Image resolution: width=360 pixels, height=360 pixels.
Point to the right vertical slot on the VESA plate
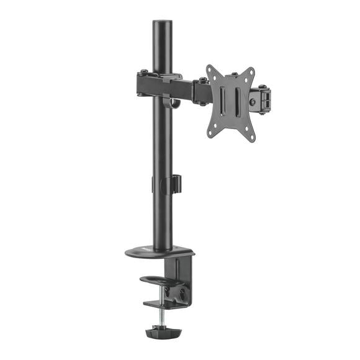pyautogui.click(x=238, y=101)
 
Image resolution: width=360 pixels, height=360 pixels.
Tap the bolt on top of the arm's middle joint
pyautogui.click(x=202, y=79)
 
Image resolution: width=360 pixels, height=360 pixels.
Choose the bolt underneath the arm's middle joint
pyautogui.click(x=202, y=103)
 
